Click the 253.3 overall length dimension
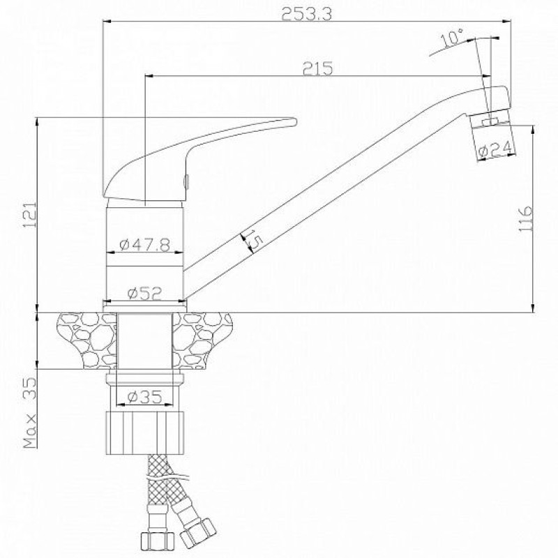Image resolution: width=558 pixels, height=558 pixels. [x=306, y=14]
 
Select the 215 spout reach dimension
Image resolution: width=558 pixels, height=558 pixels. [x=317, y=68]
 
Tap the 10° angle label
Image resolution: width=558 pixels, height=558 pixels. [x=452, y=38]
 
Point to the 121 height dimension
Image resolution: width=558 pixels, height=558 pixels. [x=31, y=216]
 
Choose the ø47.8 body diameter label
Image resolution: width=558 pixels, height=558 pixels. [x=145, y=245]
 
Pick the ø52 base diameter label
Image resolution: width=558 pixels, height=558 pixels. [x=145, y=293]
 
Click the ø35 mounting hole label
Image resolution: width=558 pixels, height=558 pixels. [x=145, y=396]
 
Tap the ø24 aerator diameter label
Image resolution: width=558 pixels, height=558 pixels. [x=497, y=149]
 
